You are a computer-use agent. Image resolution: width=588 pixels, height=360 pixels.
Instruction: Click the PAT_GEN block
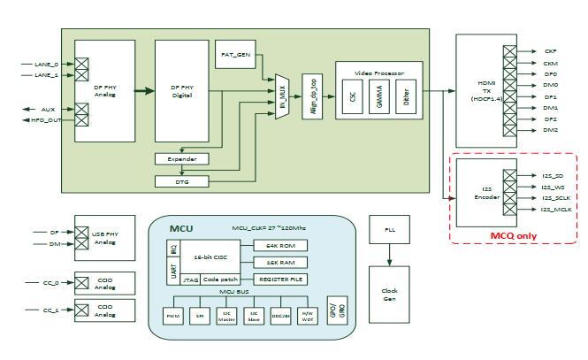coord(234,55)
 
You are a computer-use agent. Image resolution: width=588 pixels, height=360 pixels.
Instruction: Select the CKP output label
coord(551,52)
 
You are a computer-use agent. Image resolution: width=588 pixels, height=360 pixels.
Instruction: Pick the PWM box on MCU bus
coord(173,315)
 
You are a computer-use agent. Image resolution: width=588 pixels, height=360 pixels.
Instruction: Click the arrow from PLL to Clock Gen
coord(389,256)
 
